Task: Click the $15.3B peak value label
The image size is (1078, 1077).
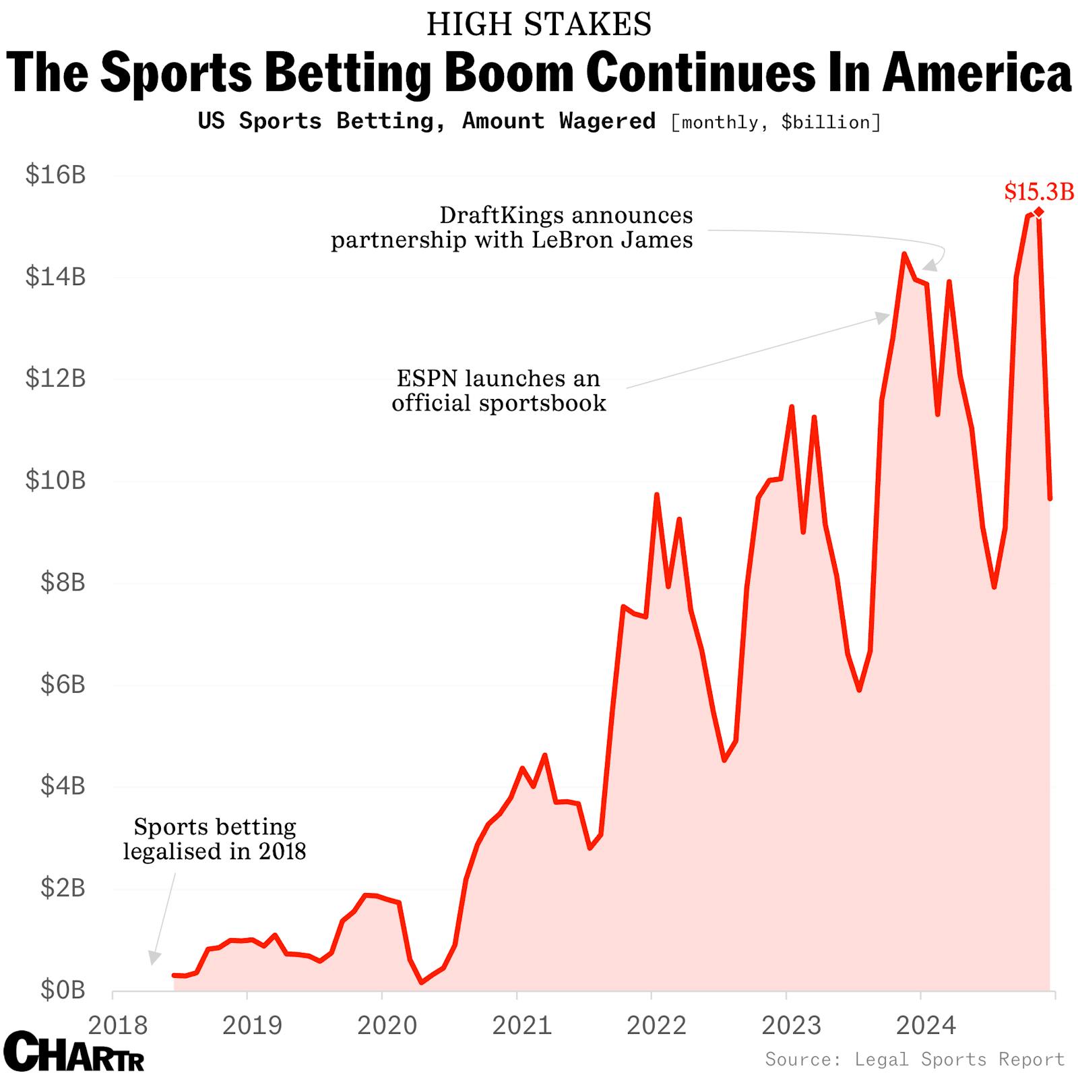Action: (1039, 192)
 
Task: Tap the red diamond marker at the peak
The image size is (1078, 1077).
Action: (1039, 212)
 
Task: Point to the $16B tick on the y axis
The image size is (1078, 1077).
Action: (55, 175)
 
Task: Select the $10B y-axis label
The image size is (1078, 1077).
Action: (55, 481)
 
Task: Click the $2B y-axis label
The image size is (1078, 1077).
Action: (63, 888)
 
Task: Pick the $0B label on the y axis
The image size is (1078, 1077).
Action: (63, 990)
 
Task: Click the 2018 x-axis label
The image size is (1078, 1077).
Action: (118, 1026)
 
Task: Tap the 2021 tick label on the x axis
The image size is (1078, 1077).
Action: (522, 1026)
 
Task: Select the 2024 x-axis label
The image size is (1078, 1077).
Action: (926, 1026)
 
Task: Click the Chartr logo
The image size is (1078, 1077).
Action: (74, 1051)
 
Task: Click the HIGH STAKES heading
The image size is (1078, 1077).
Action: (539, 25)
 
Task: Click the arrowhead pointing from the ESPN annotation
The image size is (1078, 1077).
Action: (883, 317)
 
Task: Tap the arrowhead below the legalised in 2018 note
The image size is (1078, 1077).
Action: (154, 957)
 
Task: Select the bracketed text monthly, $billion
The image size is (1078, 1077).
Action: (775, 123)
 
